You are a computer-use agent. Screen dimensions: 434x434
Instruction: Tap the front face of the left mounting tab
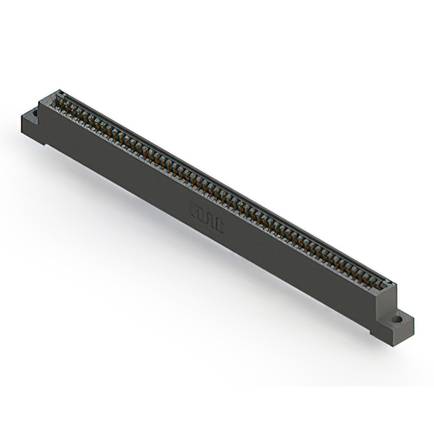[x=34, y=132]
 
